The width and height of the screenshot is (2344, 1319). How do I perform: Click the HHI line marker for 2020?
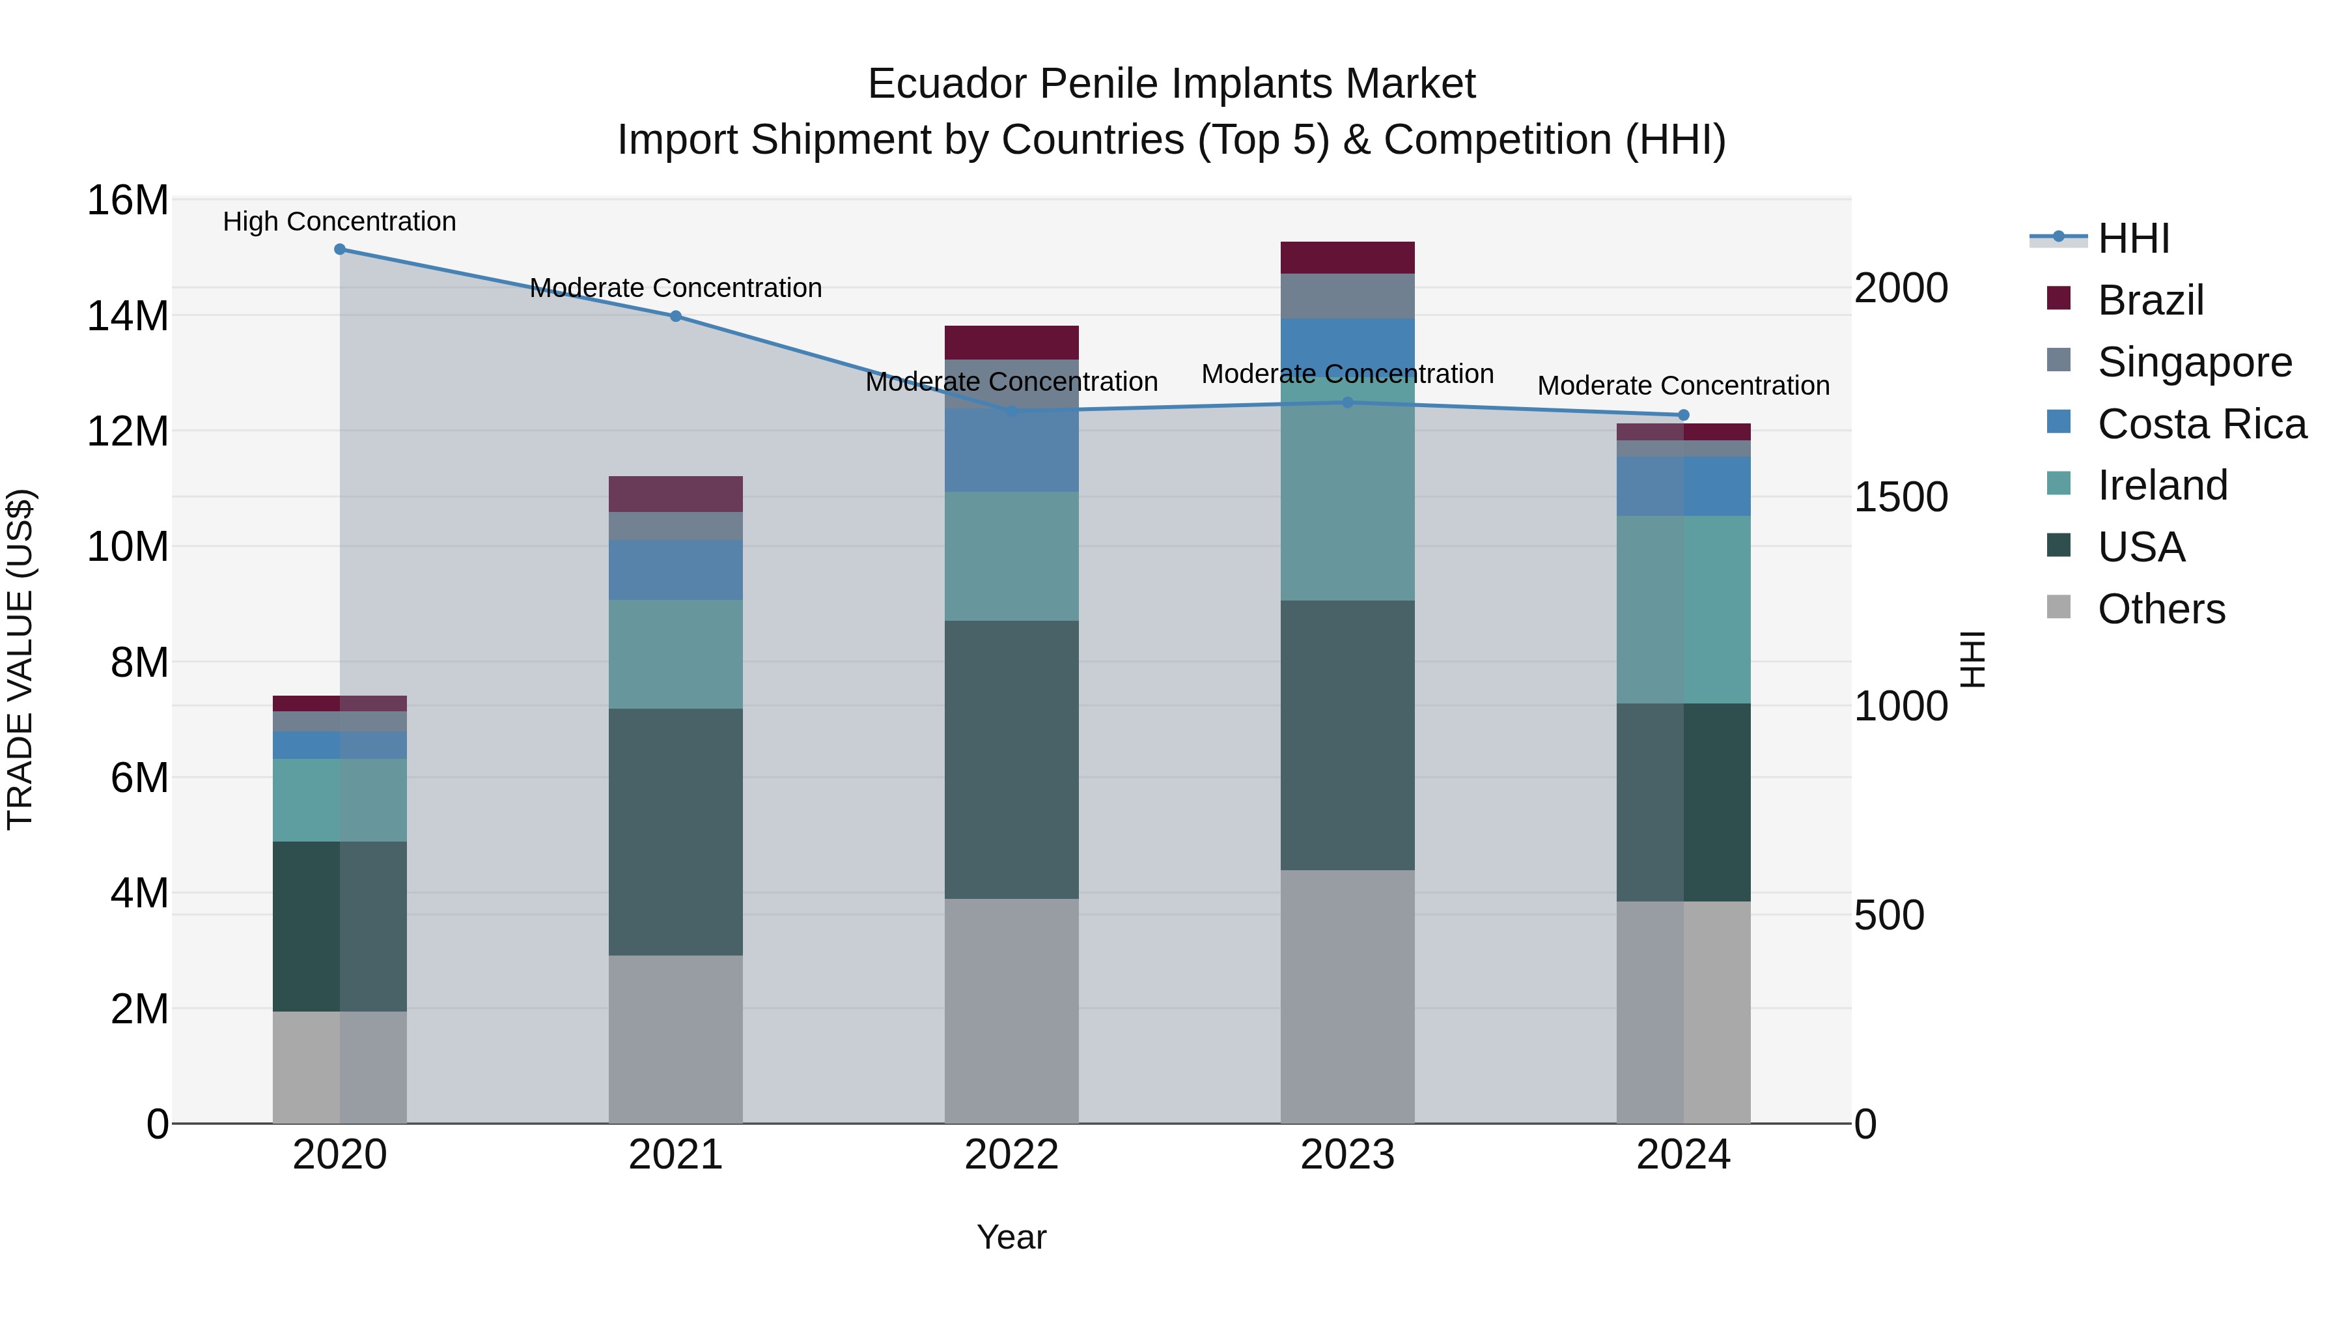point(339,249)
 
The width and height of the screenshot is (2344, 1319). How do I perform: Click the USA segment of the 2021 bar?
point(675,832)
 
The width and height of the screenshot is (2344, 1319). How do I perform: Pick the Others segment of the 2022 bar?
point(1011,1010)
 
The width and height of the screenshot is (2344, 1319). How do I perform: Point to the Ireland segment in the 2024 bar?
point(1682,610)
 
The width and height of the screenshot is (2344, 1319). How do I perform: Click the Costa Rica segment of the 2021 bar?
point(675,570)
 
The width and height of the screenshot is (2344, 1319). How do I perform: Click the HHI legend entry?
point(2133,238)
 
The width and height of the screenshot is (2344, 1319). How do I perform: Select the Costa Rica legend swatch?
point(2058,422)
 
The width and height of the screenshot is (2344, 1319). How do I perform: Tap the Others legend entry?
point(2160,609)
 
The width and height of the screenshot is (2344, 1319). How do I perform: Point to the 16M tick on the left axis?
point(128,200)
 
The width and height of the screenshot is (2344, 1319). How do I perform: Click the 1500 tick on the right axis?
point(1901,497)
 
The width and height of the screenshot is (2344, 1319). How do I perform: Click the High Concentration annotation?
point(339,221)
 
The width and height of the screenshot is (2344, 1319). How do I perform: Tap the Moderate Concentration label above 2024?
point(1682,386)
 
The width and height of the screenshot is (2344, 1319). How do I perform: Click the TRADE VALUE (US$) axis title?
point(20,659)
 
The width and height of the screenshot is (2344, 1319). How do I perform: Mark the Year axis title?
point(1011,1237)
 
